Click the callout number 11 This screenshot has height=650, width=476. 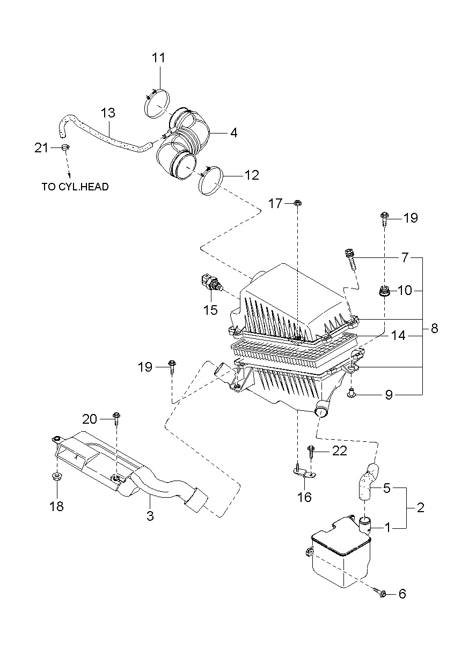point(158,58)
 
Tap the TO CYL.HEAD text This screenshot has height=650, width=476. point(75,187)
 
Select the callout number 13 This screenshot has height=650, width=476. point(108,113)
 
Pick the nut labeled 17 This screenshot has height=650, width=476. point(297,203)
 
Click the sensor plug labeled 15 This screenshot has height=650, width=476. point(211,283)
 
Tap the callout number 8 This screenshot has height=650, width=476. point(434,328)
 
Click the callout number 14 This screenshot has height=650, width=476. point(399,335)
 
